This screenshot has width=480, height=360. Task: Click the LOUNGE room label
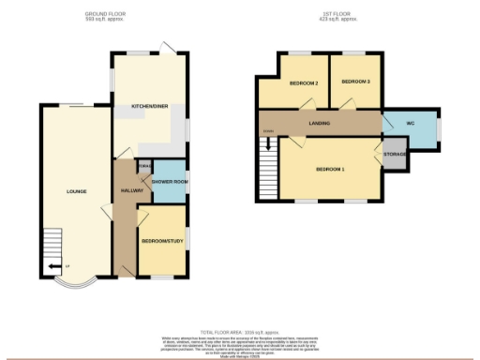click(x=77, y=191)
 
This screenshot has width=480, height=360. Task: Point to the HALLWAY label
click(x=131, y=191)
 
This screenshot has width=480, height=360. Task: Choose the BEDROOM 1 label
click(x=330, y=169)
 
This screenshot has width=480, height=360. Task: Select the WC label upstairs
click(x=411, y=123)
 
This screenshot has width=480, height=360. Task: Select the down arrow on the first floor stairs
click(x=269, y=145)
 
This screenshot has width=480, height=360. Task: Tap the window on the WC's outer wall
click(x=438, y=127)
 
